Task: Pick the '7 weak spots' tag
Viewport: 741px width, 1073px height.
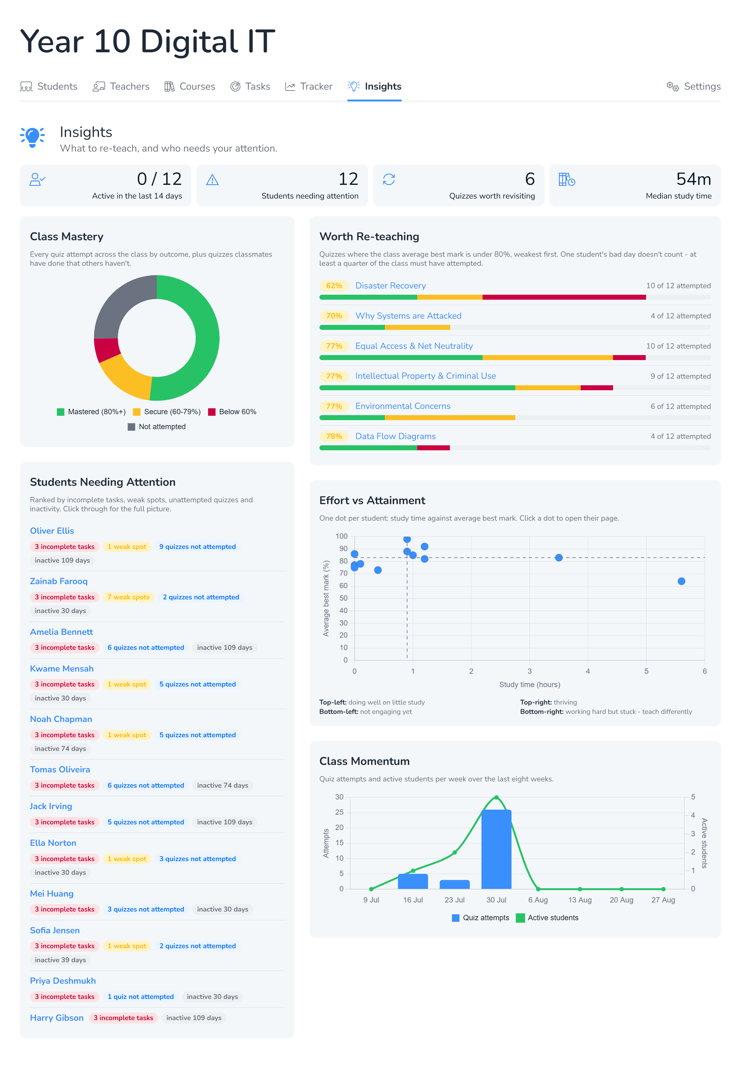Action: (128, 597)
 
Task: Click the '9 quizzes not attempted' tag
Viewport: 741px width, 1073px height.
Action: (197, 547)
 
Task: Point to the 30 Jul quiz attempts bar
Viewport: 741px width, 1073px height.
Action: (496, 849)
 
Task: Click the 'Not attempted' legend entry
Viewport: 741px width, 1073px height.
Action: (157, 427)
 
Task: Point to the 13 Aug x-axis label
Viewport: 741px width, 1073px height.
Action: (580, 900)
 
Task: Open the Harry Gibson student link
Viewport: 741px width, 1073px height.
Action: (57, 1018)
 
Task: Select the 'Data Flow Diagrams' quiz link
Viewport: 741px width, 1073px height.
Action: (396, 436)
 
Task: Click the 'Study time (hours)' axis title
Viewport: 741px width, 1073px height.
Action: (529, 685)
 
